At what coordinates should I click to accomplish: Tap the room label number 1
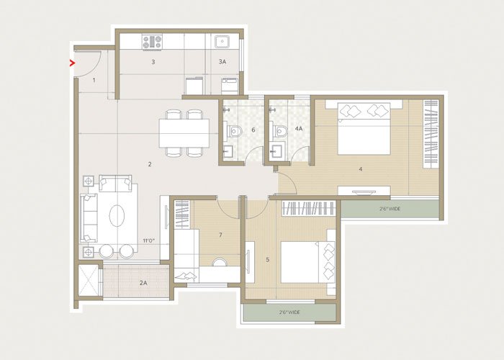click(94, 80)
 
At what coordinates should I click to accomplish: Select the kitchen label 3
click(153, 63)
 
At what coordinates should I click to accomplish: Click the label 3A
click(222, 63)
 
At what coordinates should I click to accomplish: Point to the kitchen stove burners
click(151, 42)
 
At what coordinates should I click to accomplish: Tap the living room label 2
click(150, 164)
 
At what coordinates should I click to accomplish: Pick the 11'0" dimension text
click(149, 240)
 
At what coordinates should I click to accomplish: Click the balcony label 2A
click(143, 283)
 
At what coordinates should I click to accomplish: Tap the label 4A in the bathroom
click(299, 130)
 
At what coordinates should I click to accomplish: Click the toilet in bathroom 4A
click(282, 132)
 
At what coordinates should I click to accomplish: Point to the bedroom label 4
click(360, 169)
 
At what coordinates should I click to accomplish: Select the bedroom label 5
click(268, 259)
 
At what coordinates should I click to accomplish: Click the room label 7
click(220, 235)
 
